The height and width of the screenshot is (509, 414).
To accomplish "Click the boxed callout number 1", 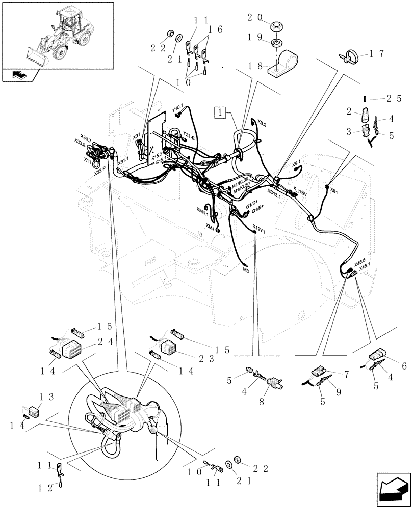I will [219, 111].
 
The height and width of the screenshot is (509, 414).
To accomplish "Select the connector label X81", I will [333, 191].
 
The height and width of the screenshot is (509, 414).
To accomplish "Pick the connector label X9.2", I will [262, 124].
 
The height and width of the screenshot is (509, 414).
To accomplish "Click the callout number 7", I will [346, 375].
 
